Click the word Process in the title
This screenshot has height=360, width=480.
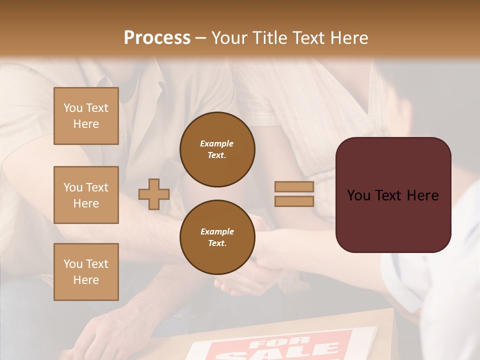pos(157,38)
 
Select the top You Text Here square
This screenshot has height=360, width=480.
pos(86,116)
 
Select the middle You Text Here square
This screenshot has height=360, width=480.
pos(86,195)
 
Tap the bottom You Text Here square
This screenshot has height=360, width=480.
pos(86,272)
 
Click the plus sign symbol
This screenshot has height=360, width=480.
pos(154,194)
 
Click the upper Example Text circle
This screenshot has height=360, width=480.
pos(217,149)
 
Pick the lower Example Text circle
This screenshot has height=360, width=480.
pos(217,237)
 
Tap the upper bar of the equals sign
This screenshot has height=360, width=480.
pos(294,186)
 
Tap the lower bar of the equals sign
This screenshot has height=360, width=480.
pos(294,201)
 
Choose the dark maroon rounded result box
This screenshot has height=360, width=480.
pos(393,194)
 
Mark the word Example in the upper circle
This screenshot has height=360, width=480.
pos(217,143)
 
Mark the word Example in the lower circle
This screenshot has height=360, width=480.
pos(217,231)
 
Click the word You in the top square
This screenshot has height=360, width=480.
pos(72,108)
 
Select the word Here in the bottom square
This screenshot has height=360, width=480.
pos(86,280)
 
